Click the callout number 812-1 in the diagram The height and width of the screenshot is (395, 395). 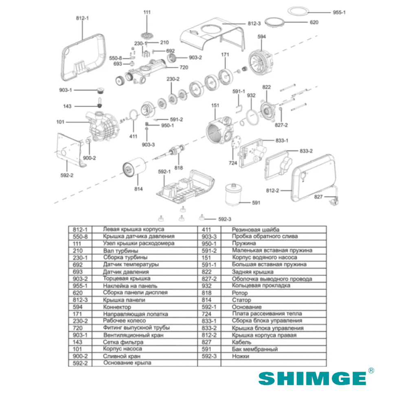(82, 18)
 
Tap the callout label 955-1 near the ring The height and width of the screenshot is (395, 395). (339, 12)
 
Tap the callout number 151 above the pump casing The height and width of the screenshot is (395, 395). (215, 105)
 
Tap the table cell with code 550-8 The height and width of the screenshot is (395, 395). (80, 236)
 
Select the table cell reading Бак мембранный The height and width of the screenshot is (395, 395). (255, 349)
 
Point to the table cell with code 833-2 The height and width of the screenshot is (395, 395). (209, 328)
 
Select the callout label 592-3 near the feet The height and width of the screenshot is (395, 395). (225, 219)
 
